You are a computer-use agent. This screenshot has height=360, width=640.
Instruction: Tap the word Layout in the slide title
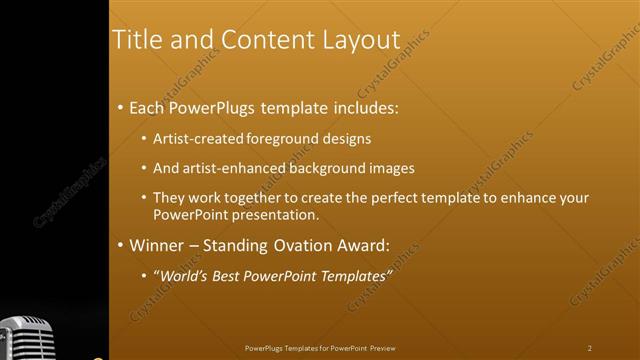click(x=361, y=39)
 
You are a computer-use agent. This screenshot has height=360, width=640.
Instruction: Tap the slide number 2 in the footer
click(x=589, y=348)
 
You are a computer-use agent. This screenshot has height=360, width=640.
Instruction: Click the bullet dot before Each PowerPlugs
click(x=120, y=107)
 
